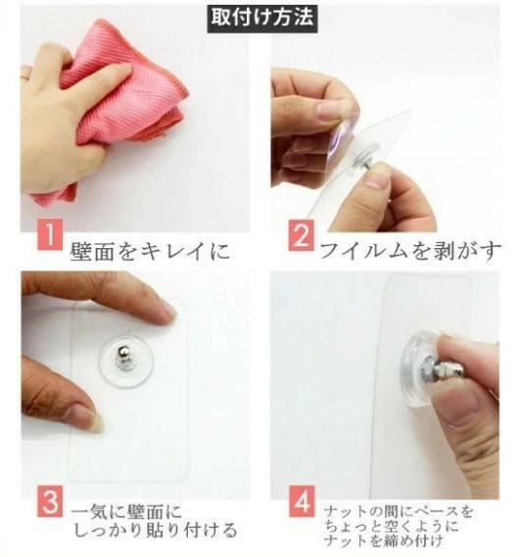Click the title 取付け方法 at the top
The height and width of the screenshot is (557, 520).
tap(262, 18)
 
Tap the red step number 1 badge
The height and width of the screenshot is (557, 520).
tap(50, 234)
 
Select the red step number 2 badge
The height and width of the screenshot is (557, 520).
tap(301, 235)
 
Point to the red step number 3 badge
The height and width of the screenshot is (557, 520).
tap(50, 502)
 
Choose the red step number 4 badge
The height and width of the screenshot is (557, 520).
tap(302, 501)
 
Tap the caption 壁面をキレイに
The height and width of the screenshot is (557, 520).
tap(150, 251)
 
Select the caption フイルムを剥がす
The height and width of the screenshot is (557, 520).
tap(410, 250)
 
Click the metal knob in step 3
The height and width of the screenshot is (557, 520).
tap(125, 358)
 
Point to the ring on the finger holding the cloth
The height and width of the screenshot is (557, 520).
tap(25, 76)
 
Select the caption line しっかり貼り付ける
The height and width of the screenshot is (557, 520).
tap(156, 532)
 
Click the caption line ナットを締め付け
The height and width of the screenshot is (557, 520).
tap(383, 541)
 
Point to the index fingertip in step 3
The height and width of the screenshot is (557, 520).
tap(167, 312)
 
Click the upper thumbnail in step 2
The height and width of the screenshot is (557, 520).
tap(328, 111)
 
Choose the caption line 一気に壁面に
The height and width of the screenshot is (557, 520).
tap(126, 512)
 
